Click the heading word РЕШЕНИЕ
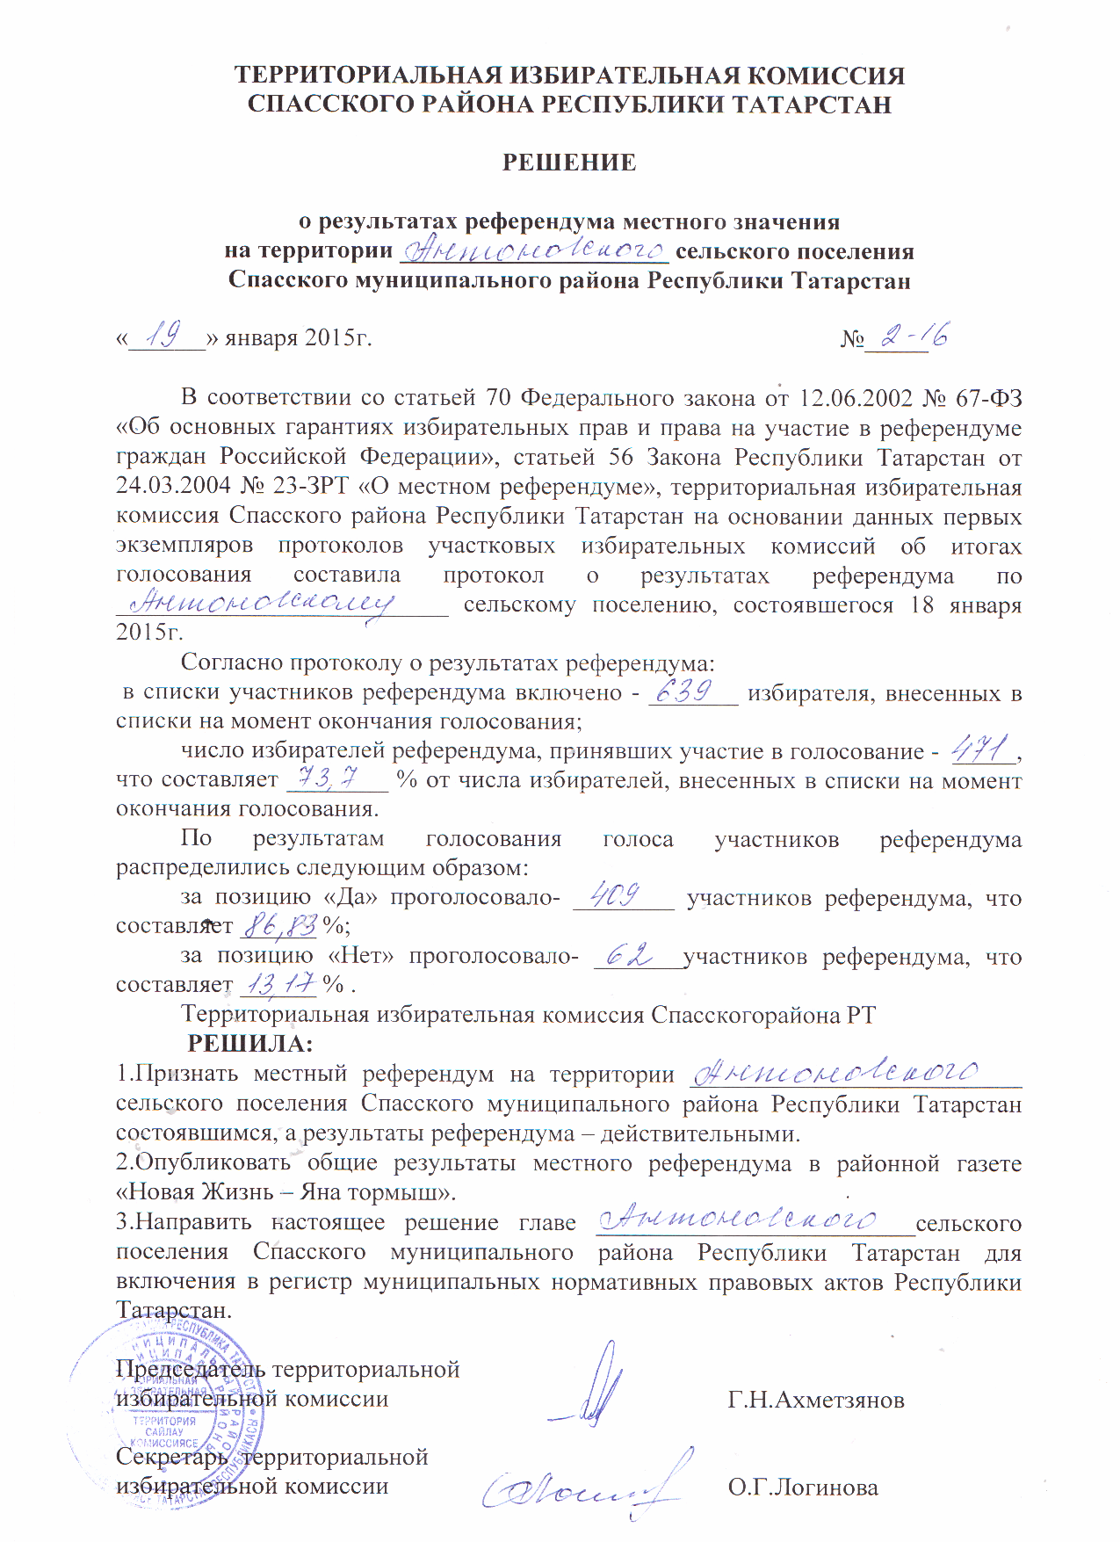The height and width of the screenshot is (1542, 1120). coord(568,163)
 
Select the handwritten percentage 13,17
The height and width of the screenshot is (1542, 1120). coord(278,985)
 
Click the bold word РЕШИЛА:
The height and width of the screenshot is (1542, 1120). coord(251,1044)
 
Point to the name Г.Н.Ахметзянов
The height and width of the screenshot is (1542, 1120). coord(816,1400)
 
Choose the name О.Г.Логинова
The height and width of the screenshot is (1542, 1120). coord(803,1488)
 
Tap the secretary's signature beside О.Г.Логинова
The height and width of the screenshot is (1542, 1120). coord(584,1485)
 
